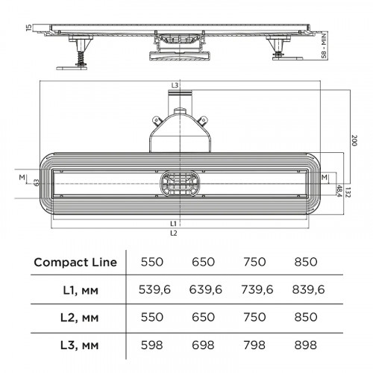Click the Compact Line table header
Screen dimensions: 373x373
(x=75, y=262)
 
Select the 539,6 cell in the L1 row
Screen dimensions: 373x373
(x=154, y=289)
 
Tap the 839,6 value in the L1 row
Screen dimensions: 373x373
(x=308, y=289)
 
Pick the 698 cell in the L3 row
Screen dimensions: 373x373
(x=203, y=345)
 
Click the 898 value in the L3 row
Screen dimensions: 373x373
(x=306, y=345)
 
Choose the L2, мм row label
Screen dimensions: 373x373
(x=79, y=318)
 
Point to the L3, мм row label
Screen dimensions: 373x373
(x=79, y=345)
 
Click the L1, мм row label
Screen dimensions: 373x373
(x=81, y=290)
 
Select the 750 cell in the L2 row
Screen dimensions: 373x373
(x=254, y=317)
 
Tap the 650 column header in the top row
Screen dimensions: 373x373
(x=203, y=262)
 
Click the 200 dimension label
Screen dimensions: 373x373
(x=354, y=140)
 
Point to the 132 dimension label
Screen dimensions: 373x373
(x=348, y=192)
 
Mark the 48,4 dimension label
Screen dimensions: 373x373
(x=339, y=191)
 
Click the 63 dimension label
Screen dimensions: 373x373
(x=37, y=183)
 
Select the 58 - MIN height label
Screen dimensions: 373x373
(x=324, y=46)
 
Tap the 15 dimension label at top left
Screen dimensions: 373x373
(x=29, y=28)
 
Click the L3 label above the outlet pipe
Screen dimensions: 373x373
(x=175, y=85)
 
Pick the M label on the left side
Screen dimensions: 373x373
(x=22, y=178)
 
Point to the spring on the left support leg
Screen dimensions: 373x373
(x=81, y=60)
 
